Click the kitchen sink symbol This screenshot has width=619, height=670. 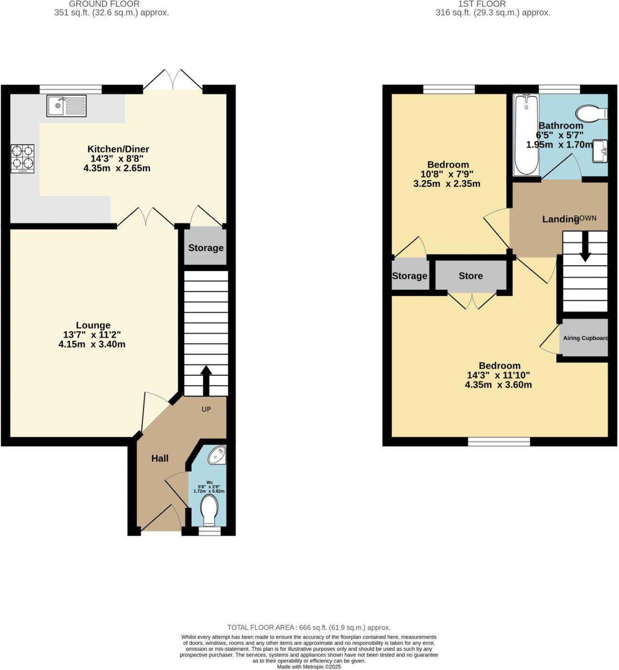pos(67,106)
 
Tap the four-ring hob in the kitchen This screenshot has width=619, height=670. pos(22,159)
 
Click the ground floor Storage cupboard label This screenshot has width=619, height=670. pos(206,248)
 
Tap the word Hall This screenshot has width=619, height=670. pos(160,458)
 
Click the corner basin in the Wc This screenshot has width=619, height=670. pos(217,455)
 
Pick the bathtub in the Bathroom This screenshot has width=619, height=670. pos(526,134)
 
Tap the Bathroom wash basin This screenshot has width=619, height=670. pos(600,152)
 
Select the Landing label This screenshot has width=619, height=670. pos(560,219)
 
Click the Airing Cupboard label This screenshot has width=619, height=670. pos(585,338)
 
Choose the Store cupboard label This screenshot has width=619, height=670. pos(471,276)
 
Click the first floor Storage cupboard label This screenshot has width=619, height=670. pos(410,276)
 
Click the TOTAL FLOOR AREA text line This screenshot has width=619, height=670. pos(309,628)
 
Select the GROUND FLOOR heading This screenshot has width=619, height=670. pos(104,4)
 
